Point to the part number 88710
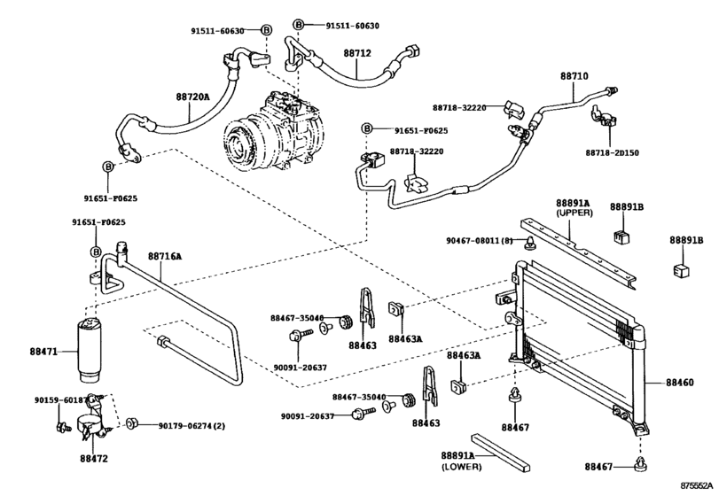tap(574, 77)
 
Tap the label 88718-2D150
tap(611, 152)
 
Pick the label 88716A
tap(164, 257)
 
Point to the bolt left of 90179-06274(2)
tap(131, 425)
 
